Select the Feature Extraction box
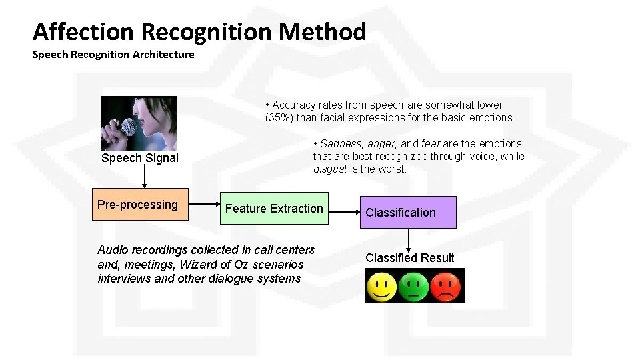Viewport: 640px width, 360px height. click(x=274, y=209)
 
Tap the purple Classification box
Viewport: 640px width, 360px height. click(x=399, y=213)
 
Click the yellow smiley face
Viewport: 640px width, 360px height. click(x=381, y=287)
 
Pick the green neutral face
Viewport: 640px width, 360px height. click(x=414, y=287)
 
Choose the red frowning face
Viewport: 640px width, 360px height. click(x=447, y=287)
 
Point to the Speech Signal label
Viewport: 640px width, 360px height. click(x=140, y=158)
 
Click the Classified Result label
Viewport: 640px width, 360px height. click(x=409, y=258)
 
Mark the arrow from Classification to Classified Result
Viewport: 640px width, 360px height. click(x=408, y=239)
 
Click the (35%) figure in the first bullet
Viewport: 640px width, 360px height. click(x=280, y=118)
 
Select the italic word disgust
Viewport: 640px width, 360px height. click(x=330, y=169)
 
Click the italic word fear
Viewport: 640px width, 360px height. click(x=431, y=143)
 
